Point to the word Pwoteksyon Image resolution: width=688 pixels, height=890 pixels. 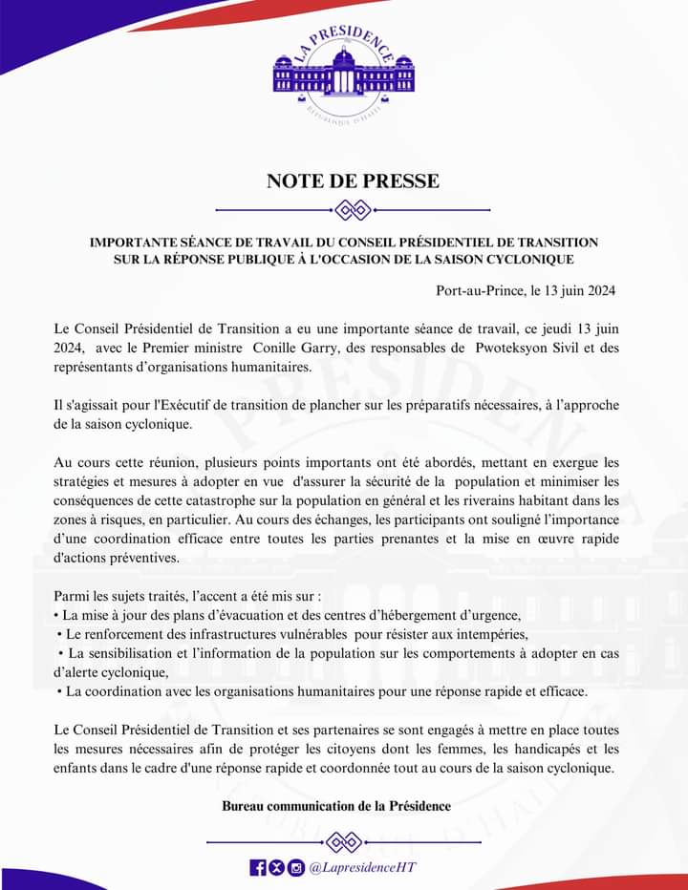pyautogui.click(x=518, y=348)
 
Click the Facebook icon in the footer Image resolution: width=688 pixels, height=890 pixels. pyautogui.click(x=257, y=867)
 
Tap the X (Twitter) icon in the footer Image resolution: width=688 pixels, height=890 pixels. pyautogui.click(x=276, y=867)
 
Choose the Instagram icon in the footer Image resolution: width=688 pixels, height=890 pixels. pyautogui.click(x=295, y=867)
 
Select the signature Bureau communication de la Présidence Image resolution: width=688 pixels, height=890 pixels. pyautogui.click(x=336, y=806)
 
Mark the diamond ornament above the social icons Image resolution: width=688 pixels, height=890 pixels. pyautogui.click(x=343, y=841)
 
